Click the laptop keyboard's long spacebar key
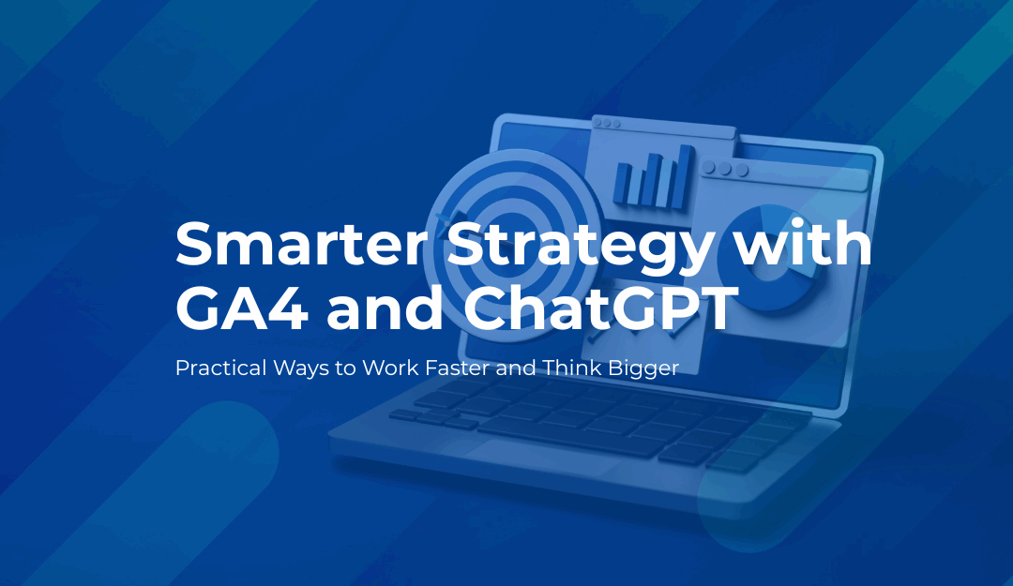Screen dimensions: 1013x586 tap(572, 434)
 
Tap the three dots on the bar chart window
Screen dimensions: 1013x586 tap(607, 123)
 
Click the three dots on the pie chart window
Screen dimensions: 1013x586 tap(725, 169)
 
